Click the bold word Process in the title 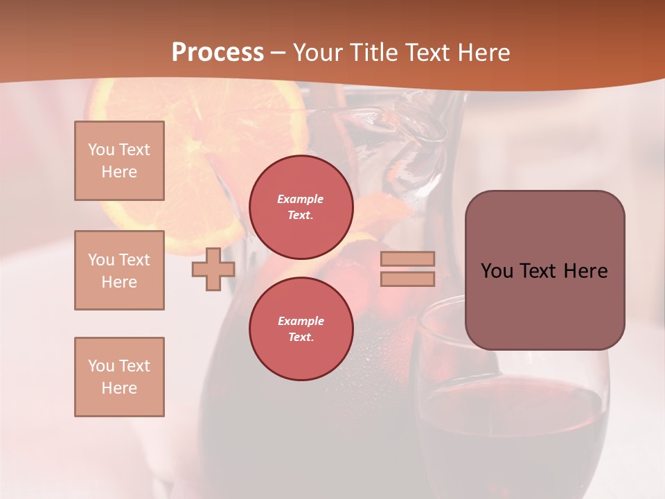(218, 53)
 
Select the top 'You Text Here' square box (119, 161)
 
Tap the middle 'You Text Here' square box (119, 270)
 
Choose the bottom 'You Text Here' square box (119, 377)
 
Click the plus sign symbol (213, 270)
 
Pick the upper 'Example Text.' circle (301, 207)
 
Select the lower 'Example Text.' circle (301, 329)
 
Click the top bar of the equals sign (407, 259)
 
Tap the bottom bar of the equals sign (407, 279)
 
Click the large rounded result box (544, 270)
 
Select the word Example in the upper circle (301, 199)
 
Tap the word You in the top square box (100, 150)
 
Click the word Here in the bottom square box (119, 388)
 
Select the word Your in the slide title (318, 53)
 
